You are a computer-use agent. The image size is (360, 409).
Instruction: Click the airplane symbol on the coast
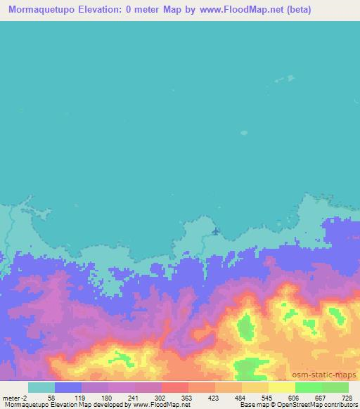click(x=215, y=231)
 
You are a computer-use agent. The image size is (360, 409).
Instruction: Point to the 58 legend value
click(x=52, y=397)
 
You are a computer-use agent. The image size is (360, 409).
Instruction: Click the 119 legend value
click(x=80, y=397)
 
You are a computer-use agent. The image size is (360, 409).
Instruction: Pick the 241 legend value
click(x=134, y=397)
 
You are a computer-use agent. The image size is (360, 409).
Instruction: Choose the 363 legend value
click(x=188, y=397)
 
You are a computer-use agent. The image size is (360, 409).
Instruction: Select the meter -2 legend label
click(x=14, y=397)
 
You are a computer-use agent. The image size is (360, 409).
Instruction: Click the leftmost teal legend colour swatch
click(x=41, y=387)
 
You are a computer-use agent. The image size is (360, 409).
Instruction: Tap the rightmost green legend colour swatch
click(x=335, y=387)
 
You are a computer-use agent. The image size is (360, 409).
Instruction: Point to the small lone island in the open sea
click(x=244, y=131)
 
